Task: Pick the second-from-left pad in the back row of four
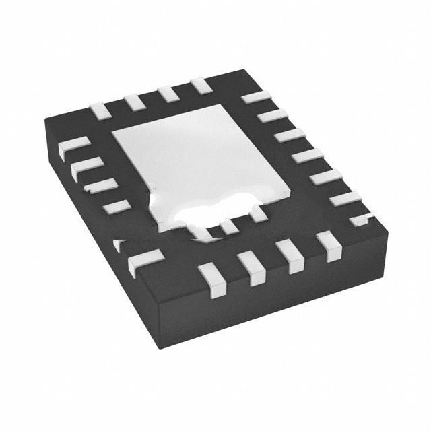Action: (133, 102)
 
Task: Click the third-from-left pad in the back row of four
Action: (168, 94)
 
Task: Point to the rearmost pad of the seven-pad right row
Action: (255, 97)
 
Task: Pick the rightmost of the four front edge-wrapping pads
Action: (328, 245)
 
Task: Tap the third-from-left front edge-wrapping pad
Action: (290, 257)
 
